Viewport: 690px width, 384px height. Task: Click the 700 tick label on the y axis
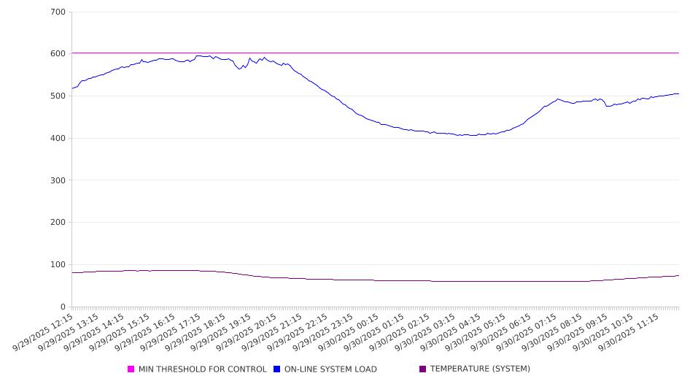(58, 12)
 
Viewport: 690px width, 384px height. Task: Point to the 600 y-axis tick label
(58, 54)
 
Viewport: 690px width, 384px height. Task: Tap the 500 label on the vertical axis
(58, 96)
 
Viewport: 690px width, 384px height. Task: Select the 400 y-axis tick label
(58, 139)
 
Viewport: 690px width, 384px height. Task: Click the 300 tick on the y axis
(58, 180)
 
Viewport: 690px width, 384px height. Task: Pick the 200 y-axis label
(58, 223)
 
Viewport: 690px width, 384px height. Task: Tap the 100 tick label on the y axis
(58, 265)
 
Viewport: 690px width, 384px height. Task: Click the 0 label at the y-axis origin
(63, 307)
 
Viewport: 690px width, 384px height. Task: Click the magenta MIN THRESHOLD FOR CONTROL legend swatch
(131, 369)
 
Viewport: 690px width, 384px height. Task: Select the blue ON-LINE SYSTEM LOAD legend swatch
(277, 369)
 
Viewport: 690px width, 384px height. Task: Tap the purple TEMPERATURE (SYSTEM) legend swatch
(423, 369)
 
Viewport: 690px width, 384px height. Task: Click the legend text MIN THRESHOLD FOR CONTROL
(202, 369)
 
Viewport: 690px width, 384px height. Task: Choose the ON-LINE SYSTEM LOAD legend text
(330, 369)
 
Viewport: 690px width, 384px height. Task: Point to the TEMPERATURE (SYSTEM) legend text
(480, 369)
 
